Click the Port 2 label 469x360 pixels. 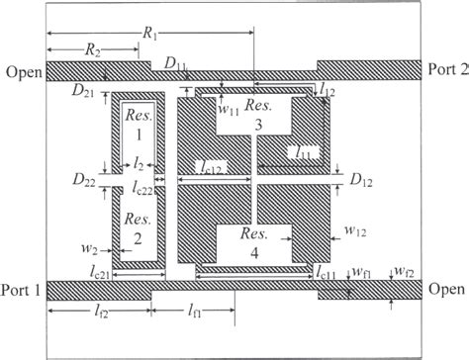(445, 69)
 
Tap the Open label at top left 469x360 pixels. (23, 72)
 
